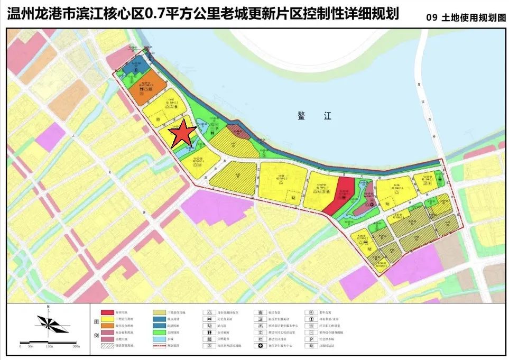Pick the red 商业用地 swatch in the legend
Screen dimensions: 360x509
(x=107, y=312)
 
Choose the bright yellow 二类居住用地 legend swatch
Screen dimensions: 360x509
(x=107, y=319)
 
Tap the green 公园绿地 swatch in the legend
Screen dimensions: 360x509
(x=159, y=332)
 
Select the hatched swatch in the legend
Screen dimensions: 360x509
(x=107, y=345)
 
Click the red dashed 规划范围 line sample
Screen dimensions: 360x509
(x=159, y=345)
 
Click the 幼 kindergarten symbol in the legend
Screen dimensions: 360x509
(x=209, y=326)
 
